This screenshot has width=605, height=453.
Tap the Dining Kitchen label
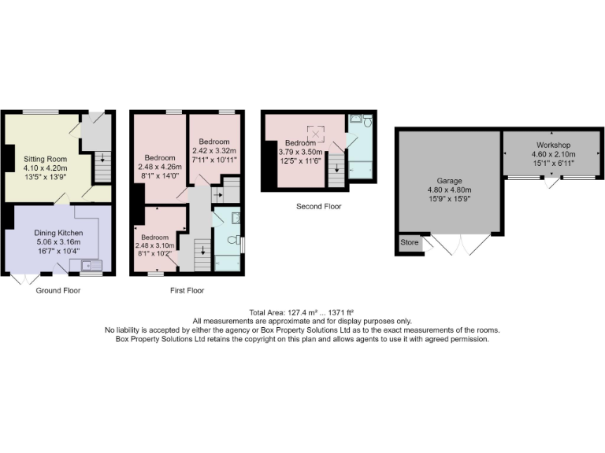click(x=59, y=233)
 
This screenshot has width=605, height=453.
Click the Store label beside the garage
click(x=410, y=242)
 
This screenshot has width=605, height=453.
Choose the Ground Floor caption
click(x=58, y=290)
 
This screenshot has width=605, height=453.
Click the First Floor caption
click(x=187, y=290)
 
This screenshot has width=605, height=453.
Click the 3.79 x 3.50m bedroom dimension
click(x=302, y=153)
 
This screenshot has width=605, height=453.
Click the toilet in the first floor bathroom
click(x=232, y=240)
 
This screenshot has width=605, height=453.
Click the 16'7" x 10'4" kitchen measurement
click(x=59, y=252)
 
